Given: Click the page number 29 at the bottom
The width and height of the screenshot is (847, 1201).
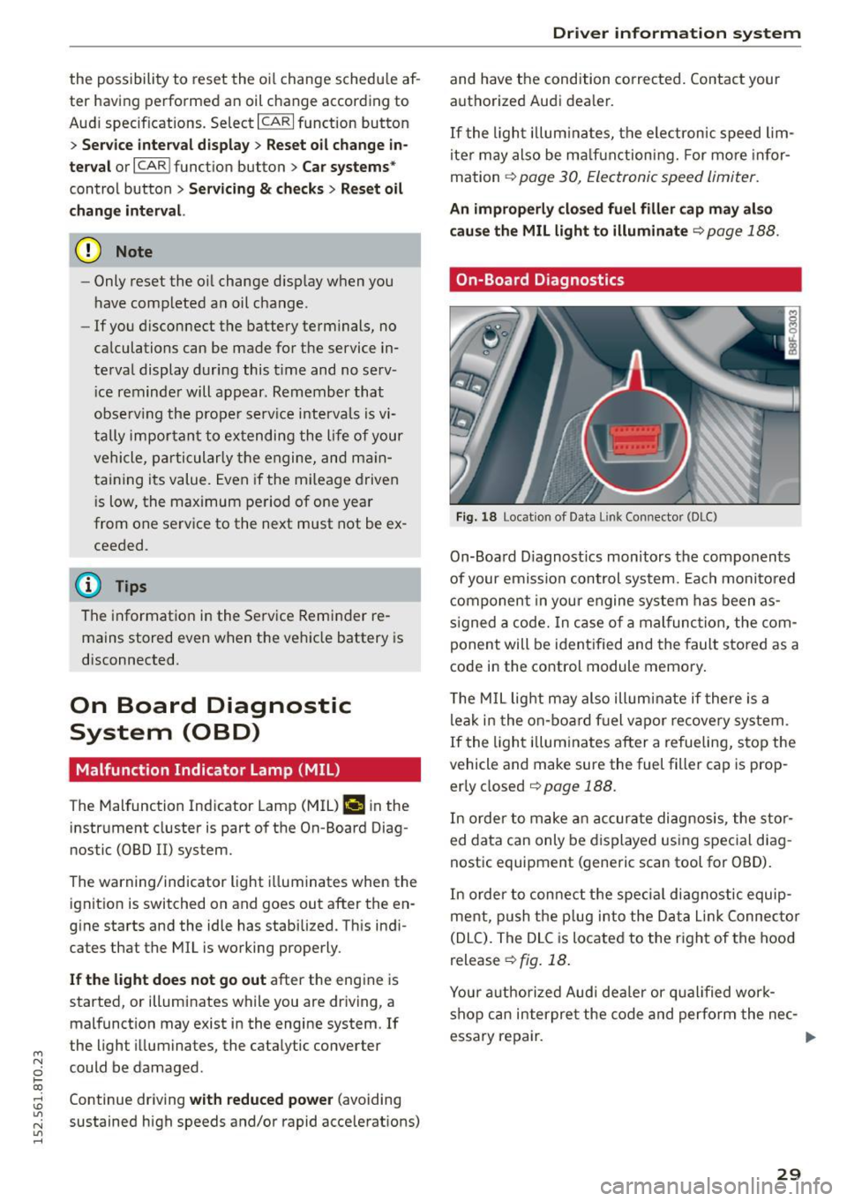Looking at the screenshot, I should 789,1173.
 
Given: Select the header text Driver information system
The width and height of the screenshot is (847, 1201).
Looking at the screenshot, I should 676,34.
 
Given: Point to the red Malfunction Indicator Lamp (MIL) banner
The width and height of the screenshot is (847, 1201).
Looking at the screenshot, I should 244,769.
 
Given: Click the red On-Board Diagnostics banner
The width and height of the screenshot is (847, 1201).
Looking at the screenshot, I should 625,280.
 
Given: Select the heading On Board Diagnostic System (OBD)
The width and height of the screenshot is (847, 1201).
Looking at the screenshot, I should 210,718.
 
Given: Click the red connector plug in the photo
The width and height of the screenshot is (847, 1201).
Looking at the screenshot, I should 636,438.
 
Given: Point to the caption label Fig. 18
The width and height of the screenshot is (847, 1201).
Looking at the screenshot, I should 476,517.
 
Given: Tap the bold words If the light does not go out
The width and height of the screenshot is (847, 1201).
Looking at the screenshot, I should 168,980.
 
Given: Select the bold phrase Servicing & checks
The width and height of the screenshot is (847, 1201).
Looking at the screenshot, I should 256,189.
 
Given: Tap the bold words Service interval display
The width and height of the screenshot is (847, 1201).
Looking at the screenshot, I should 165,145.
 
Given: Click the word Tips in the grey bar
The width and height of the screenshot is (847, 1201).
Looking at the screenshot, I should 131,587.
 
